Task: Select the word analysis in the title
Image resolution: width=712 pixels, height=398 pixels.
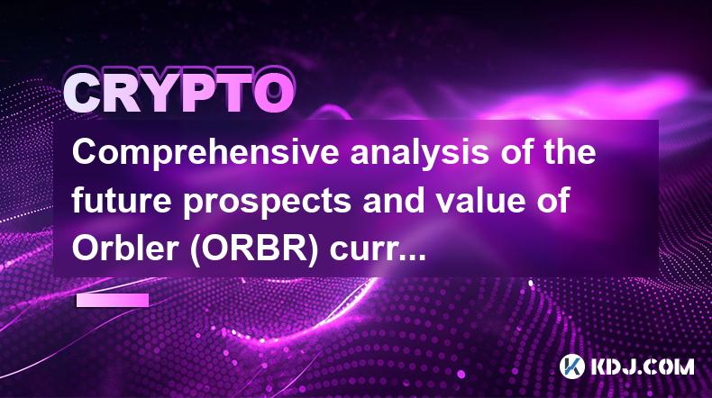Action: pos(419,153)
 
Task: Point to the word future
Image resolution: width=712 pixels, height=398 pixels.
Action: pos(122,200)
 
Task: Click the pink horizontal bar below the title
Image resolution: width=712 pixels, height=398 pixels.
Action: pos(112,300)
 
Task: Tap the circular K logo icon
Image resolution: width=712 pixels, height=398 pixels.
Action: pos(571,366)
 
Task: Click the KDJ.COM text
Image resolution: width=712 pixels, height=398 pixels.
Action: pos(642,366)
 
